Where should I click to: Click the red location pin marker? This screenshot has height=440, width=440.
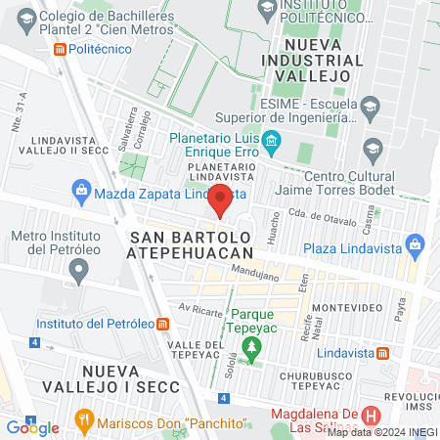(221, 199)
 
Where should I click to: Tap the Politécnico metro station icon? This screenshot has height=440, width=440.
(61, 48)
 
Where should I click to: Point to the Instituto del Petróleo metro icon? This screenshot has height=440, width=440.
(163, 324)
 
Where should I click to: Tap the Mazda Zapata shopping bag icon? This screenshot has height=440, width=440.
(83, 193)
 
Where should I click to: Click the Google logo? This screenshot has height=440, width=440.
(32, 427)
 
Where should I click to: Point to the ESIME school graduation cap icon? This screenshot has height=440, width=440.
(370, 105)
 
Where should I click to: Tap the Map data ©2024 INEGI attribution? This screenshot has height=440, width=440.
(382, 431)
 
